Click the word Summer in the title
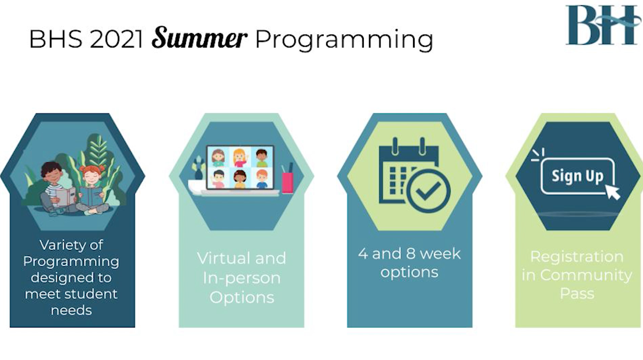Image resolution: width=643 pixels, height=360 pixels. (x=199, y=38)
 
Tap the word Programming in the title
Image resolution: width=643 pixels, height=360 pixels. (x=344, y=40)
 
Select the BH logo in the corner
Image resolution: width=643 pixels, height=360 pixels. (x=602, y=26)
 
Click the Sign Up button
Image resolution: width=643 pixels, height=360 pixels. (x=577, y=176)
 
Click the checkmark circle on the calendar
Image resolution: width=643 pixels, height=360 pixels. (x=428, y=191)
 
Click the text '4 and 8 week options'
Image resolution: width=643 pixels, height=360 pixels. (x=410, y=263)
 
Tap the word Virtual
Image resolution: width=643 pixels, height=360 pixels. (x=226, y=258)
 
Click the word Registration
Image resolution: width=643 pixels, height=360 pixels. (x=577, y=257)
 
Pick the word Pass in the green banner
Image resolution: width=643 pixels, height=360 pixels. (x=577, y=293)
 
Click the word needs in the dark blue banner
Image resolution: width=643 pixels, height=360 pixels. (x=71, y=310)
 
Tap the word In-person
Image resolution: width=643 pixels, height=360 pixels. (x=242, y=278)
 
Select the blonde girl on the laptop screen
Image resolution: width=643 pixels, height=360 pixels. (x=240, y=157)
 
